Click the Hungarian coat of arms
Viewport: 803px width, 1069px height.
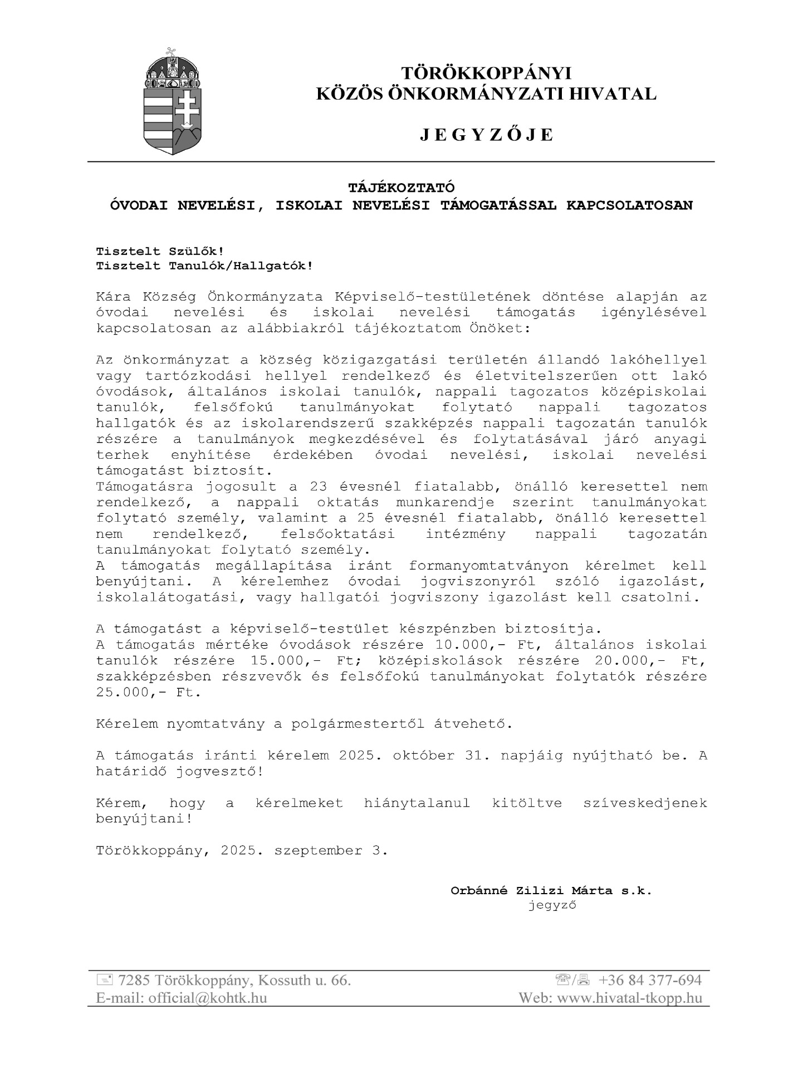click(x=173, y=102)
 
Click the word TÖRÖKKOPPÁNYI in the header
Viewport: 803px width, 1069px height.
click(x=486, y=73)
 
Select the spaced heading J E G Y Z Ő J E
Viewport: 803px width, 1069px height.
click(x=486, y=135)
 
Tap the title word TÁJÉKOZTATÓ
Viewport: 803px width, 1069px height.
click(x=401, y=188)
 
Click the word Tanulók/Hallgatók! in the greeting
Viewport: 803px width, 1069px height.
click(x=241, y=266)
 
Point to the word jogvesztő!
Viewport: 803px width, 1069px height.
click(x=219, y=772)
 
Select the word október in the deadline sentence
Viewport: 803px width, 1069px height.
click(x=423, y=756)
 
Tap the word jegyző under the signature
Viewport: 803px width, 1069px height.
click(x=552, y=905)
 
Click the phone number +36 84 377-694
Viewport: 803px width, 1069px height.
click(x=650, y=980)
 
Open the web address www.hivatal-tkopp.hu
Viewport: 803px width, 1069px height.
click(x=629, y=998)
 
